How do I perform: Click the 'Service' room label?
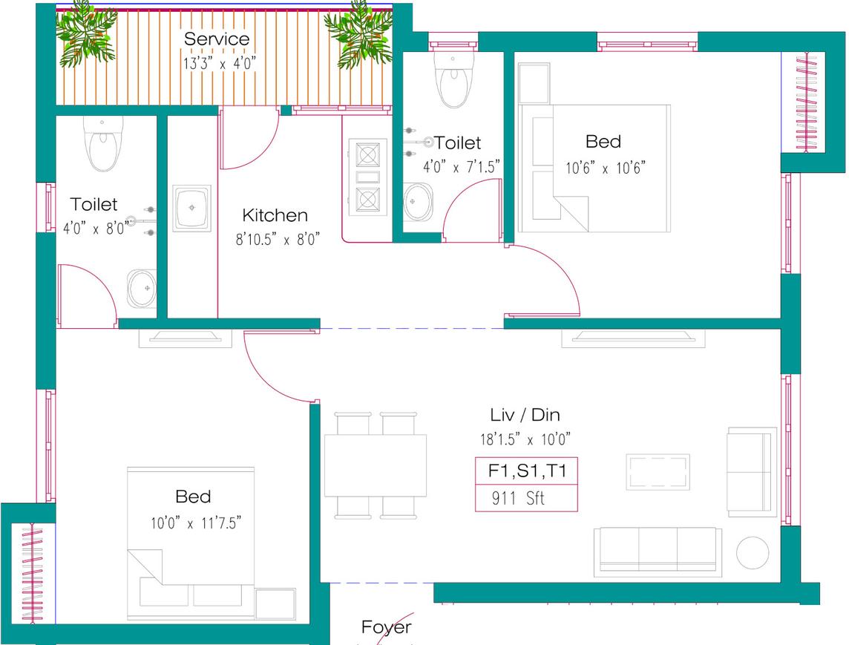[x=217, y=39]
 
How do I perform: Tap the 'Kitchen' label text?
[x=275, y=215]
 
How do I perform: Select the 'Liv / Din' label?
[x=525, y=415]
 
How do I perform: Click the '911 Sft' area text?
[x=518, y=499]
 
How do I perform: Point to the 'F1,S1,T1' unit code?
[x=526, y=471]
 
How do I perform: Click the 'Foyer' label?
[x=386, y=627]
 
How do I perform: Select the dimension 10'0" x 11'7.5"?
[x=195, y=523]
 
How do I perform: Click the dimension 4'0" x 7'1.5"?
[x=462, y=167]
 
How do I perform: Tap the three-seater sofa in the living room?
[x=658, y=551]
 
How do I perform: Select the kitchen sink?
[x=192, y=209]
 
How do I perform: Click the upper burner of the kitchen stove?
[x=368, y=154]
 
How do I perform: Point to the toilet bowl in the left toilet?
[x=102, y=145]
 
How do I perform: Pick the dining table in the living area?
[x=376, y=465]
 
